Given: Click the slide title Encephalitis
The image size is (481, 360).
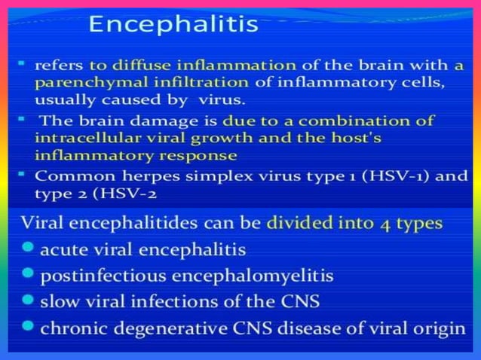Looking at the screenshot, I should (174, 25).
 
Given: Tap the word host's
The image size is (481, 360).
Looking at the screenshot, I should (351, 138).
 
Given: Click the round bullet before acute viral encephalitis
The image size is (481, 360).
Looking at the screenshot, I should (29, 248).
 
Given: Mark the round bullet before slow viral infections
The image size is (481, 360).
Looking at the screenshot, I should (29, 301).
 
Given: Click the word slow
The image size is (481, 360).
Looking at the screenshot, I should (60, 302).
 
